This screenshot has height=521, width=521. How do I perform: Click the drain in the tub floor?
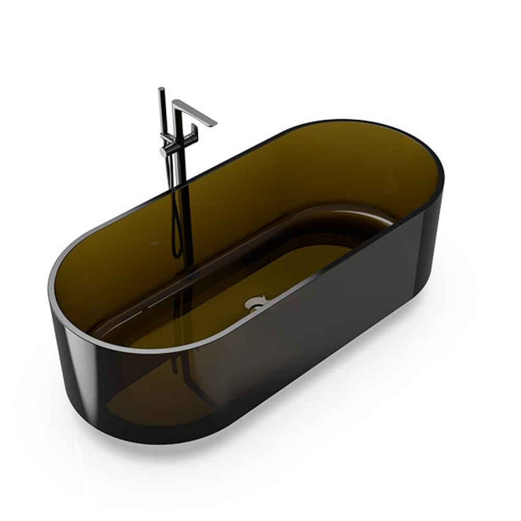[x=255, y=302]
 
